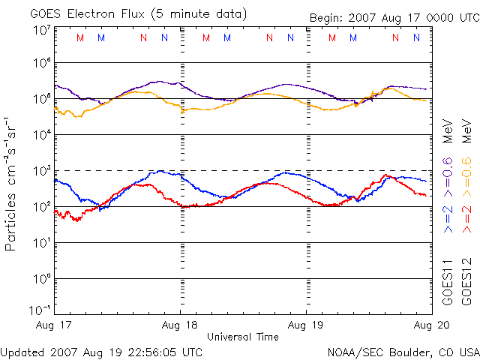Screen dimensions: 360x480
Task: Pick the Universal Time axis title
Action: (243, 337)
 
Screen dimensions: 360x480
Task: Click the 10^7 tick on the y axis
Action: (41, 30)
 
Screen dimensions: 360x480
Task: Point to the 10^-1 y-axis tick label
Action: (40, 310)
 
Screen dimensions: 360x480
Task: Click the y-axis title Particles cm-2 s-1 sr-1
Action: (11, 184)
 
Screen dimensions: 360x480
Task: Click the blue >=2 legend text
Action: (448, 217)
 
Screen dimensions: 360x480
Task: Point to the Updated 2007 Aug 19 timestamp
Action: (101, 351)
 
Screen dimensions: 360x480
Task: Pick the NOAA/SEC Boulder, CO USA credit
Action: (403, 351)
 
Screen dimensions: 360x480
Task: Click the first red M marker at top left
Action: (80, 37)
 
